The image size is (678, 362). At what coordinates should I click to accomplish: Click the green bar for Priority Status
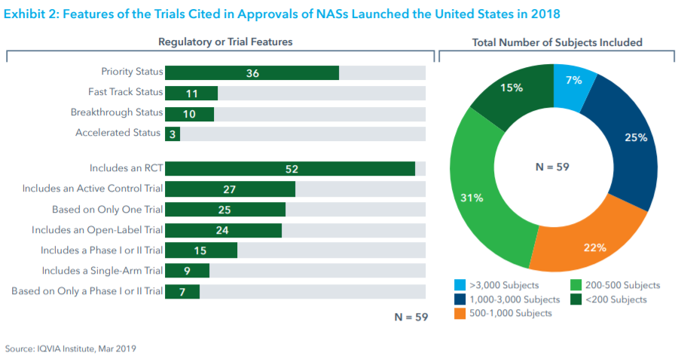pos(252,72)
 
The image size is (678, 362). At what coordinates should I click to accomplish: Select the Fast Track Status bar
pos(191,93)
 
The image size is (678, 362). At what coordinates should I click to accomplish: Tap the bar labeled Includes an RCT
pos(290,168)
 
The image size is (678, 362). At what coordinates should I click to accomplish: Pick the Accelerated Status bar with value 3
pos(173,133)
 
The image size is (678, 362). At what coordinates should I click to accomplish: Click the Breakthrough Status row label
pos(117,112)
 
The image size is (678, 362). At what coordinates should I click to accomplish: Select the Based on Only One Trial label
pos(107,209)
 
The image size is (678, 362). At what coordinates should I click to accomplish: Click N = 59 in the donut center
pos(551,167)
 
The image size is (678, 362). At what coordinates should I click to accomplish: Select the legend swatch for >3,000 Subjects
pos(459,285)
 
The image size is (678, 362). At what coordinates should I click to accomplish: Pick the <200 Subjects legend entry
pos(615,299)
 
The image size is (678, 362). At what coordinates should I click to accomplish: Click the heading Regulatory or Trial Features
pos(225,42)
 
